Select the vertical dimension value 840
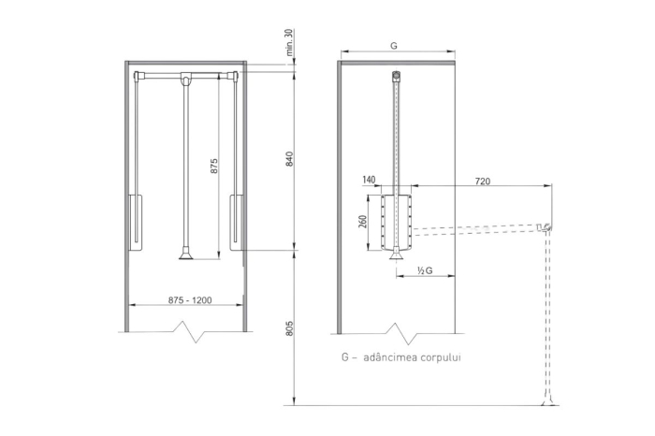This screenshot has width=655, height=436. (x=290, y=158)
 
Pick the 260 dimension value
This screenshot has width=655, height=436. (x=362, y=223)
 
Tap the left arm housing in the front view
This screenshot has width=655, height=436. (x=136, y=222)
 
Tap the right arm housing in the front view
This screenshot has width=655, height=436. (x=238, y=222)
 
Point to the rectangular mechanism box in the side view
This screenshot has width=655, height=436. (x=398, y=222)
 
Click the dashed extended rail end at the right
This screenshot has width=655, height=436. (x=545, y=227)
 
